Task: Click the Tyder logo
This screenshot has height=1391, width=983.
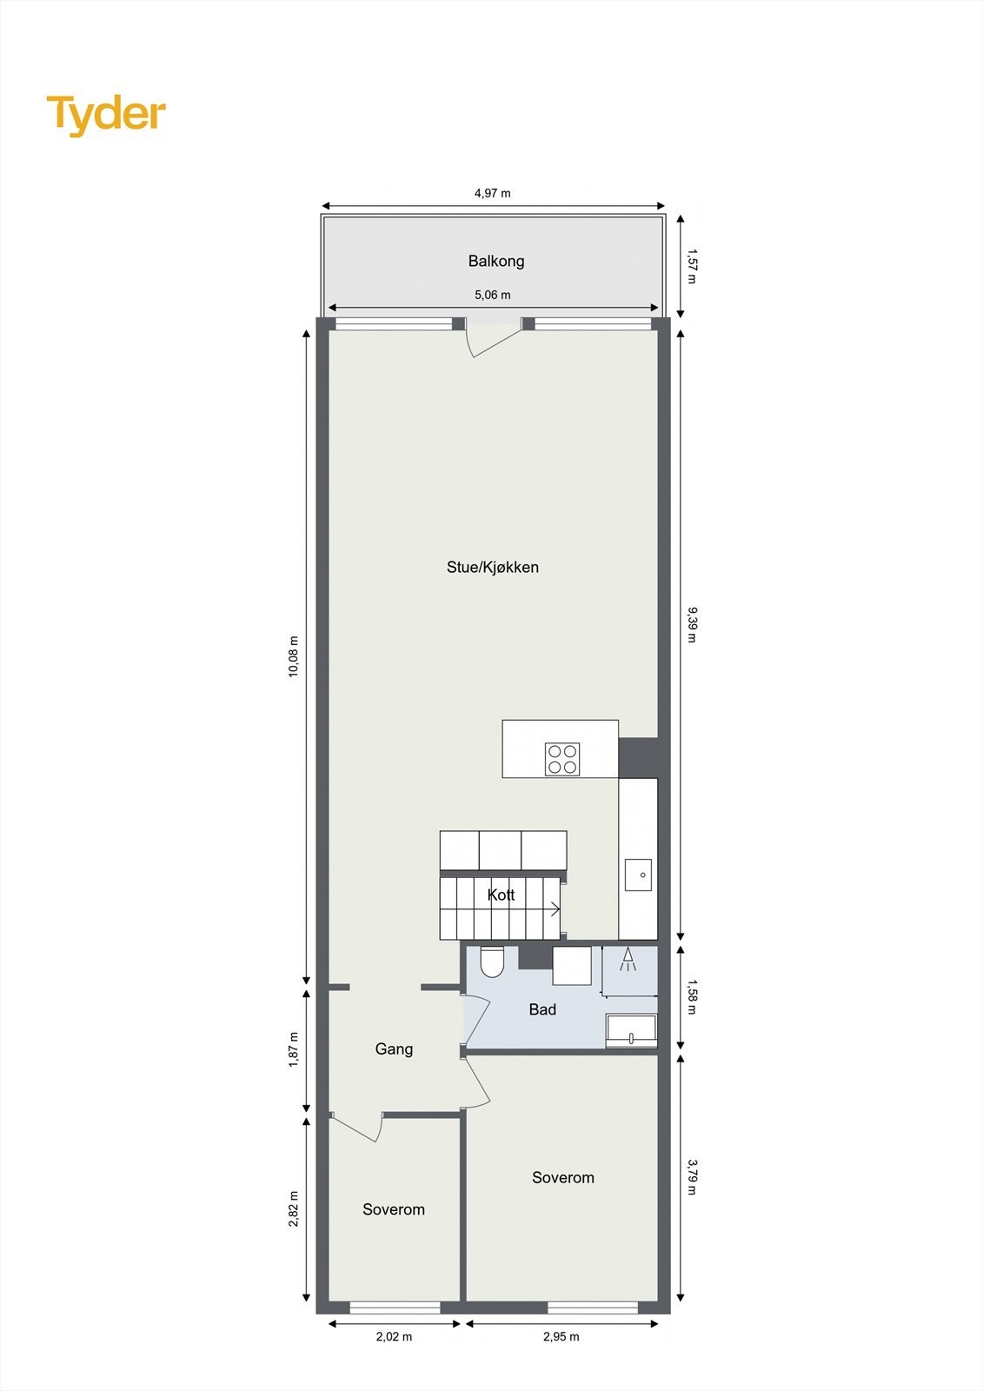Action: click(106, 115)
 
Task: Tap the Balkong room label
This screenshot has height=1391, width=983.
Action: click(496, 261)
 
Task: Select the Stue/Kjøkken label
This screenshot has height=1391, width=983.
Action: click(493, 568)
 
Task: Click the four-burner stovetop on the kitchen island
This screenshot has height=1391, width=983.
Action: click(562, 759)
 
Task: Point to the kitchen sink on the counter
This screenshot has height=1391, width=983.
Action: click(639, 875)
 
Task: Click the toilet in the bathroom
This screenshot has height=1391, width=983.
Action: click(492, 961)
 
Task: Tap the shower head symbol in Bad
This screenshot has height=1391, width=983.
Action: click(628, 960)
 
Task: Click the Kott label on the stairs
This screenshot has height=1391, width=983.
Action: click(501, 895)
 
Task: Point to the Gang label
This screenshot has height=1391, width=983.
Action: click(394, 1049)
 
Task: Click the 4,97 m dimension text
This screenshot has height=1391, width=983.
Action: click(493, 193)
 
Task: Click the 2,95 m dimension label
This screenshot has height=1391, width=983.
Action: click(561, 1336)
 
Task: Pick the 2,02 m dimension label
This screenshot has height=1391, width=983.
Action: click(394, 1336)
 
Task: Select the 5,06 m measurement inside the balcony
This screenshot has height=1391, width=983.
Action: click(493, 295)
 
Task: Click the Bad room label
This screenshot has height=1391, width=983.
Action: click(542, 1009)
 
